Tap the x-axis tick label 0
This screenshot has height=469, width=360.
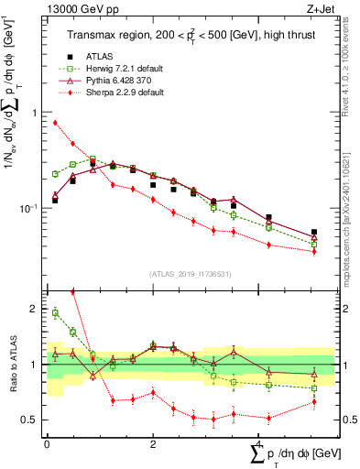(x=47, y=443)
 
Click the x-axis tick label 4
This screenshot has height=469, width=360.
(x=259, y=443)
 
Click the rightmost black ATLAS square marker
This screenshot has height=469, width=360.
(x=314, y=233)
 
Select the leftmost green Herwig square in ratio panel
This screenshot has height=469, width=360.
(x=55, y=313)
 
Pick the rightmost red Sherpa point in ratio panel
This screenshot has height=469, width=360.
(x=314, y=401)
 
